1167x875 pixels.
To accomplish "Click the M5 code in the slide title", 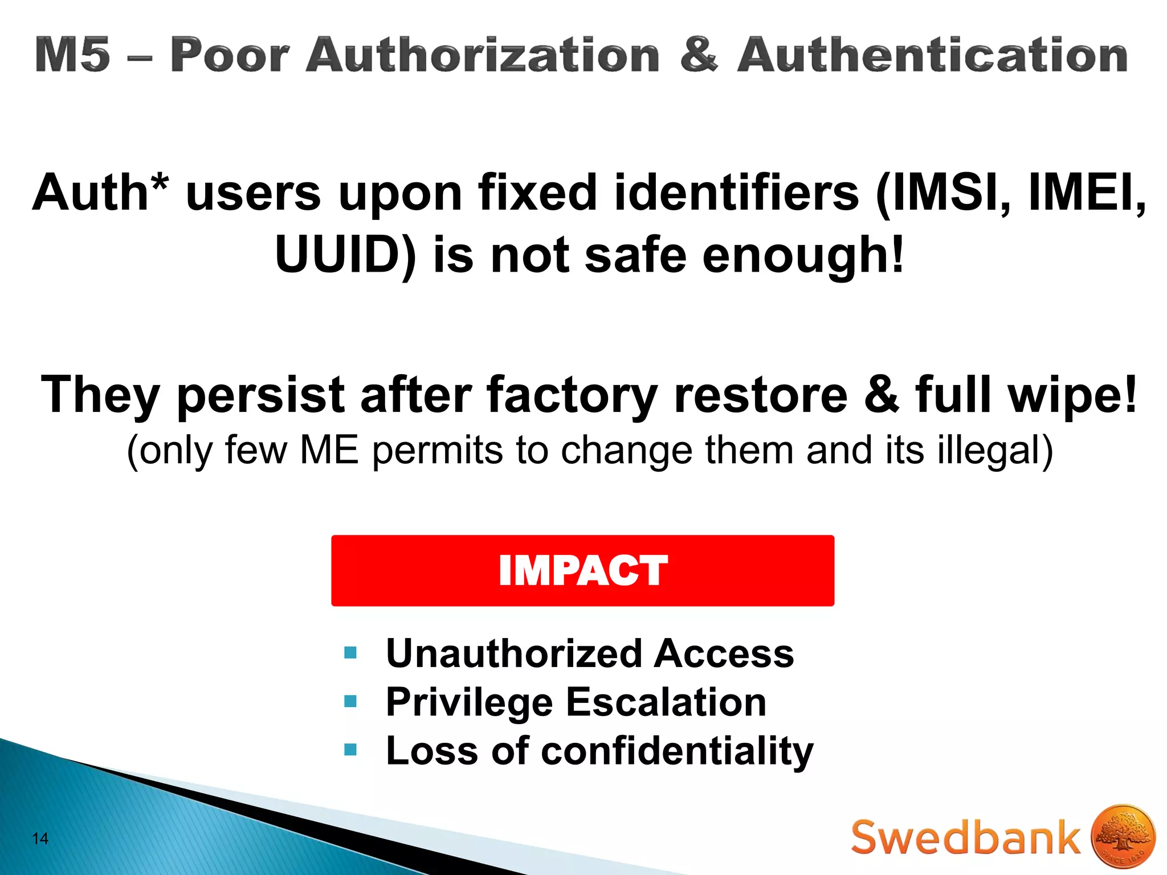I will click(72, 55).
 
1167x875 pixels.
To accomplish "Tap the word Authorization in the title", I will click(483, 55).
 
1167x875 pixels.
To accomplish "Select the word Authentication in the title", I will click(932, 55).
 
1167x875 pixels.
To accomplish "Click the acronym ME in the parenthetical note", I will click(329, 450).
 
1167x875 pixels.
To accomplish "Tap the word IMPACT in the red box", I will click(582, 570).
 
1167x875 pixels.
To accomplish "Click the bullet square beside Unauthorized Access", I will click(350, 652).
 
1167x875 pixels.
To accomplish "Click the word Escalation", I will click(666, 702).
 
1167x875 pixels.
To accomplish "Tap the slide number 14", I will click(40, 839).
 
